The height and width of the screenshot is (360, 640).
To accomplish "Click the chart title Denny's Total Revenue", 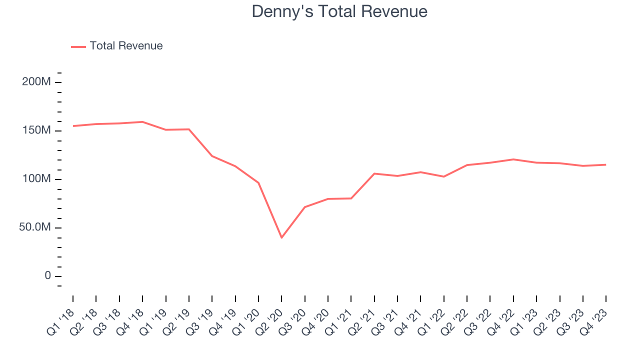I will pyautogui.click(x=339, y=11).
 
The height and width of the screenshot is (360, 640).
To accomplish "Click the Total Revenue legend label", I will pyautogui.click(x=126, y=46).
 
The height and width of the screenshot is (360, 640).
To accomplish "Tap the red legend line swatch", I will pyautogui.click(x=78, y=46).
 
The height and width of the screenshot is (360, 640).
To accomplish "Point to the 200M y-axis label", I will pyautogui.click(x=36, y=82).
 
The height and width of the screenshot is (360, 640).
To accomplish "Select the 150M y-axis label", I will pyautogui.click(x=36, y=130).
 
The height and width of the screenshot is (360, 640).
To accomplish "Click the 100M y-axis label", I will pyautogui.click(x=36, y=179).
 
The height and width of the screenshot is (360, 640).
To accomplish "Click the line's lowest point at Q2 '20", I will pyautogui.click(x=281, y=237).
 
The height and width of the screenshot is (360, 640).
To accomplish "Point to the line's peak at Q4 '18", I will pyautogui.click(x=142, y=121).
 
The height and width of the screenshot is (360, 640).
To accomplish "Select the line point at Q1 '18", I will pyautogui.click(x=73, y=126).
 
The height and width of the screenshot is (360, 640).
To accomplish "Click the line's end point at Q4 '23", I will pyautogui.click(x=605, y=164).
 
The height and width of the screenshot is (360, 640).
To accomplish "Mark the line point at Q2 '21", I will pyautogui.click(x=374, y=173).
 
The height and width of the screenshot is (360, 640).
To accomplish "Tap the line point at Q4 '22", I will pyautogui.click(x=513, y=159).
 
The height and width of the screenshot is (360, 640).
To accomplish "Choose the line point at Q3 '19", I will pyautogui.click(x=212, y=156).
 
